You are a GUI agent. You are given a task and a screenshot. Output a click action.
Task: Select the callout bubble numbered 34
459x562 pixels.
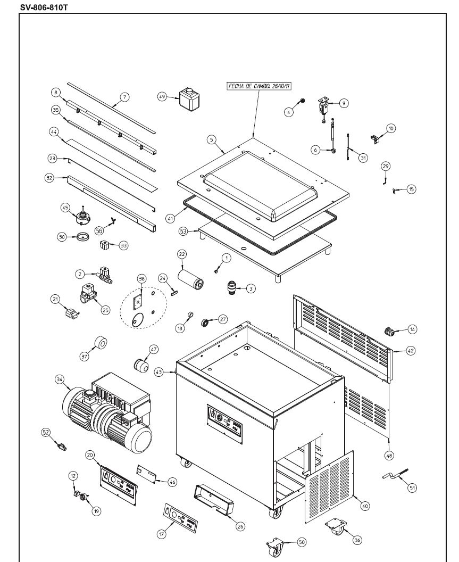click(60, 379)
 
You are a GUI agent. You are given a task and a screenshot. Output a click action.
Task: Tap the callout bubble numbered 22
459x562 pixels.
click(182, 254)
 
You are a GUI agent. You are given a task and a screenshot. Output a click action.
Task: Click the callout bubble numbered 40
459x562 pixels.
click(364, 506)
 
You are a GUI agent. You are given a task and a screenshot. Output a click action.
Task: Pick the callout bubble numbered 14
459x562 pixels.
click(413, 329)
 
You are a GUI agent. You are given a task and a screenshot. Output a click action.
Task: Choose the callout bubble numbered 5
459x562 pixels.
click(211, 139)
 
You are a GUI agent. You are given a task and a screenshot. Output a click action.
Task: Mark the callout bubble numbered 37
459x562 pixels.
click(84, 357)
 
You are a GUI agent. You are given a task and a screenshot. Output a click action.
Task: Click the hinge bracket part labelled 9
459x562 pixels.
click(324, 108)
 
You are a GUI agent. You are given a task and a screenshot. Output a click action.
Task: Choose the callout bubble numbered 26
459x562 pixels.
click(240, 526)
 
